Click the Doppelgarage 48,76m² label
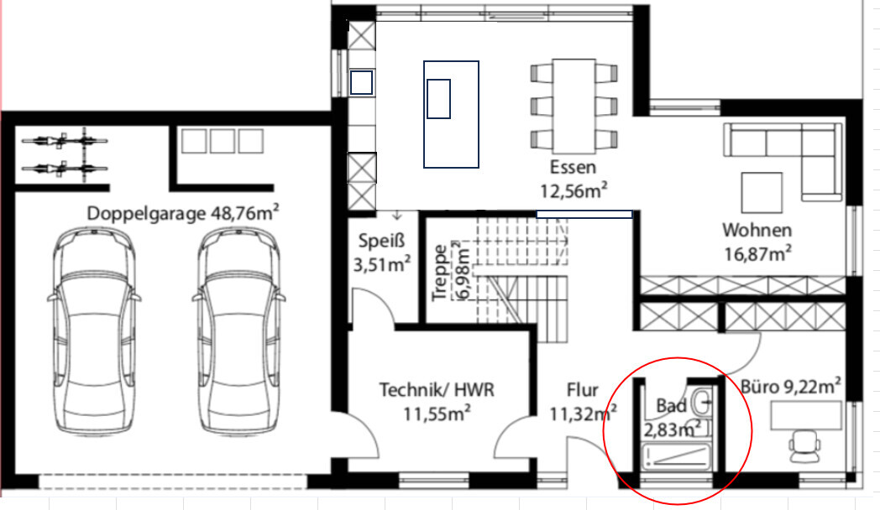pos(183,213)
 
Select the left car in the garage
pos(94,331)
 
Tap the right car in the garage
pos(238,331)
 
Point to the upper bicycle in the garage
pos(64,140)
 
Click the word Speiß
pos(381,241)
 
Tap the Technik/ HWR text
pos(437,389)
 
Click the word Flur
pos(582,389)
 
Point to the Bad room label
pos(671,405)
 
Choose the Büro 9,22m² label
pos(791,386)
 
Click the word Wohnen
pos(757,230)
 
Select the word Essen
pos(573,167)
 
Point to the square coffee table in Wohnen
pos(762,193)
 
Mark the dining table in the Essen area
pos(574,106)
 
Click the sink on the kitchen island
pos(438,99)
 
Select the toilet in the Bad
pos(701,401)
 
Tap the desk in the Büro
pos(806,416)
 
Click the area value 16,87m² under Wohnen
pos(757,254)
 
